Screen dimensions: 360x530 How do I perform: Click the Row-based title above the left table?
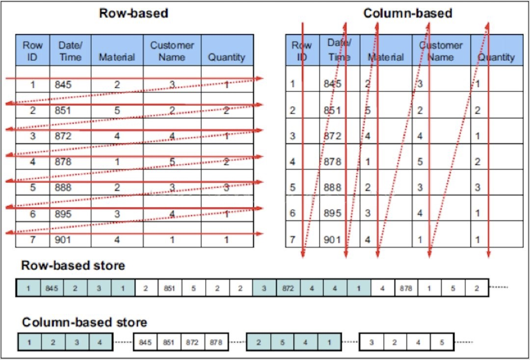click(133, 13)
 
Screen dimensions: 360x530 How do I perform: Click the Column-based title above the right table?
click(407, 13)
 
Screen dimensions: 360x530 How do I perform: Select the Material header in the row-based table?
click(117, 57)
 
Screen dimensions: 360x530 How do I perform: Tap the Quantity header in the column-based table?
click(496, 57)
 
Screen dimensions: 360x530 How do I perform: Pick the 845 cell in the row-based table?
click(63, 84)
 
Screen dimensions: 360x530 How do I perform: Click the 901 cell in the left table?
click(63, 240)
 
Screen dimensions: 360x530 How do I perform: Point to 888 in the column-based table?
click(332, 187)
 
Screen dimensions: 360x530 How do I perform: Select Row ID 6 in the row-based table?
click(32, 214)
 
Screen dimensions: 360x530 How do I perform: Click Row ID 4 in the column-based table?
click(292, 161)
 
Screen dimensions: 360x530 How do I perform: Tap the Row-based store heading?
click(73, 265)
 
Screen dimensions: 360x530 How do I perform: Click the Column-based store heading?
click(84, 322)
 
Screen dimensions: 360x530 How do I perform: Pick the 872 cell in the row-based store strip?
click(288, 288)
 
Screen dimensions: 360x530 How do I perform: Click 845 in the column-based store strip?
click(145, 342)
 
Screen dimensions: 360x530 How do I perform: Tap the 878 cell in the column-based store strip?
click(216, 342)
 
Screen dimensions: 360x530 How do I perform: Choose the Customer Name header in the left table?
click(172, 51)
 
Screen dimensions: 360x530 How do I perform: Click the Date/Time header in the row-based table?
click(70, 51)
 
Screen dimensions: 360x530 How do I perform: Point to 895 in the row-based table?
click(63, 214)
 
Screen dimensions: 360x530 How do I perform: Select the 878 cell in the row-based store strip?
click(406, 288)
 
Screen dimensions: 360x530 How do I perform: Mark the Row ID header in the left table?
click(32, 51)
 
